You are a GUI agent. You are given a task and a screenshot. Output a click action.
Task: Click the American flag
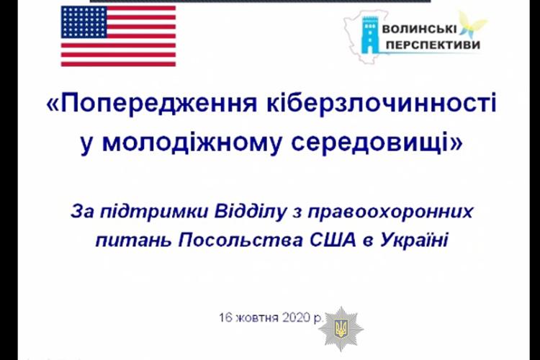tap(119, 36)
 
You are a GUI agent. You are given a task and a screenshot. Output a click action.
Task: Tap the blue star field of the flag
tap(84, 22)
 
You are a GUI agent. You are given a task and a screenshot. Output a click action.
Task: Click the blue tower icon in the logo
tap(369, 35)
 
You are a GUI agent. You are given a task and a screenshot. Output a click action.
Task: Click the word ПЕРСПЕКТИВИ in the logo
tap(433, 45)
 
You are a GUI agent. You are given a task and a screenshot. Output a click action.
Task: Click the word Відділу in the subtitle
tap(250, 212)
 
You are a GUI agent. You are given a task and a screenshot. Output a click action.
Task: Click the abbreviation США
tap(333, 240)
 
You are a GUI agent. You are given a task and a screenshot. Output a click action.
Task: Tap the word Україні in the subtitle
tap(414, 240)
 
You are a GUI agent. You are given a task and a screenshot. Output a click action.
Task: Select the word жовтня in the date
tap(258, 318)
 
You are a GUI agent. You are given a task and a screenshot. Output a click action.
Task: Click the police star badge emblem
tap(341, 328)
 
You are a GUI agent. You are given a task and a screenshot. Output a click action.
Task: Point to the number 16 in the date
tap(226, 318)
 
